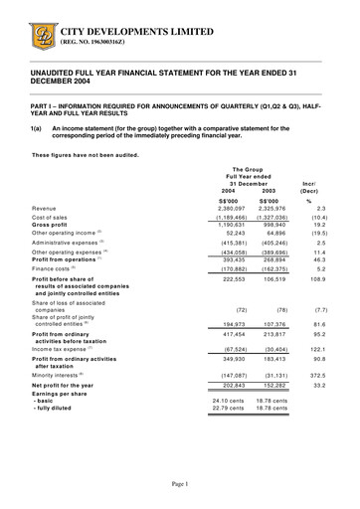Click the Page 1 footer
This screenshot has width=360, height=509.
tap(180, 483)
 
